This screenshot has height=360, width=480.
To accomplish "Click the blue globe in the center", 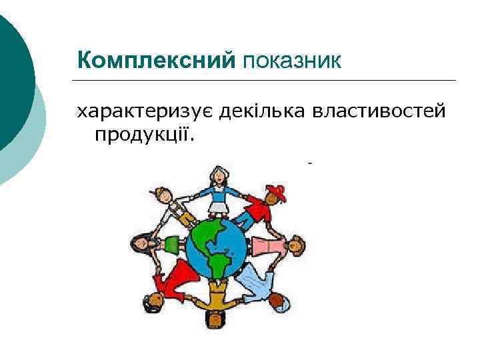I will point(216,249).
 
